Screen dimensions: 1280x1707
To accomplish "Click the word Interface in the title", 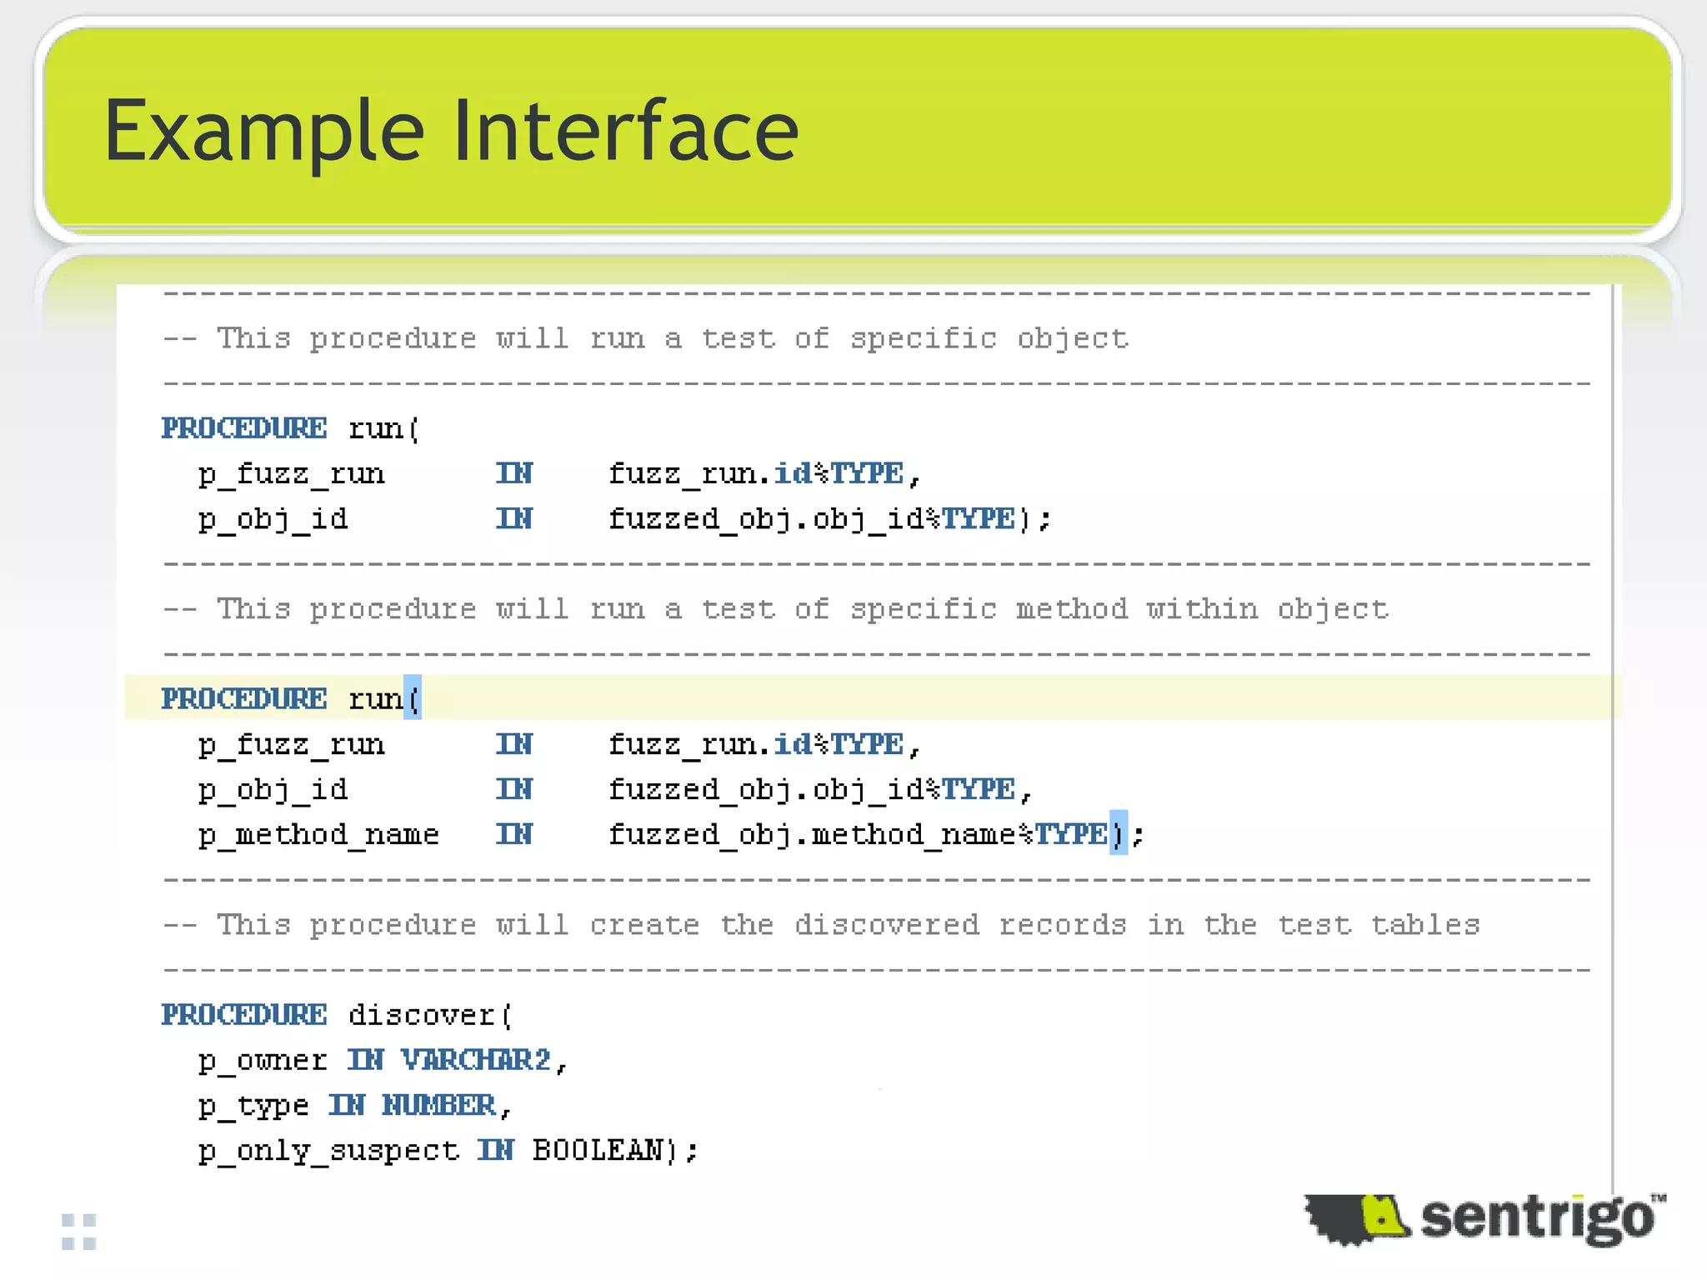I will click(625, 130).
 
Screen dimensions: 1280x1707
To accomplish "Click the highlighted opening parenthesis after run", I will click(413, 698).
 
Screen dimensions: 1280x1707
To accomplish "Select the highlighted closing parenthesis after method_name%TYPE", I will click(1118, 833).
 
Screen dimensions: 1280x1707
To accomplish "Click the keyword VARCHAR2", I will click(476, 1060).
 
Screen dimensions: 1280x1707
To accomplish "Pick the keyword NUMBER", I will click(439, 1105).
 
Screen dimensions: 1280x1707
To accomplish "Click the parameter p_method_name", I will click(318, 834).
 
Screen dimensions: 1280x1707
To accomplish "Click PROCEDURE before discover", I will click(244, 1015).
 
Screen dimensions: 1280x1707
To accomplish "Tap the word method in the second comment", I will click(1071, 609).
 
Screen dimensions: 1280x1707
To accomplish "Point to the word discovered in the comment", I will click(887, 925).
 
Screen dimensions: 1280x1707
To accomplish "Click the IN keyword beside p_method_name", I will click(514, 834).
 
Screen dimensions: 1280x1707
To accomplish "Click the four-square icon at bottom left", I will click(79, 1232).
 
